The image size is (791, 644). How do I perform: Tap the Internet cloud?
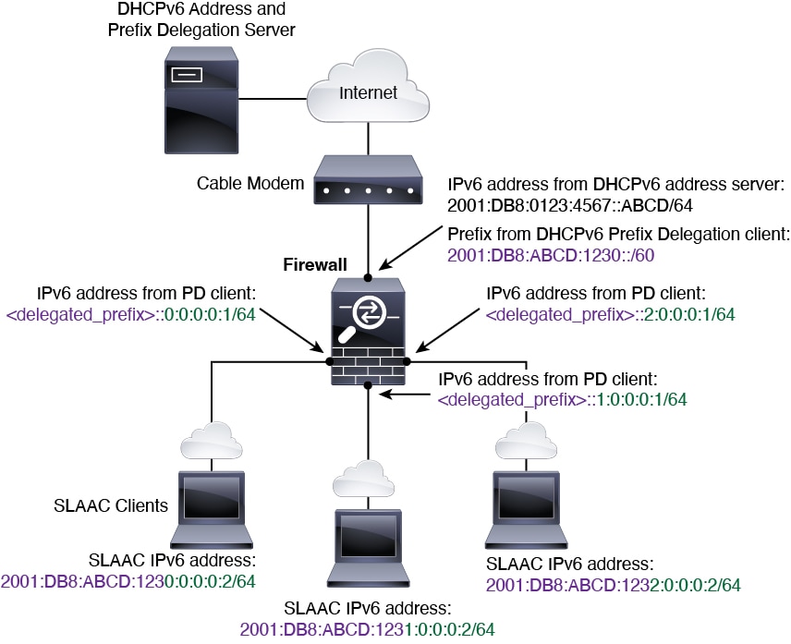368,92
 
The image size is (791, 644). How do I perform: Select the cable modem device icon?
368,183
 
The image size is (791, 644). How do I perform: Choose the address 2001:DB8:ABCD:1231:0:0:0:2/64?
368,628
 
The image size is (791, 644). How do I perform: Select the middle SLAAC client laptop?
368,545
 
